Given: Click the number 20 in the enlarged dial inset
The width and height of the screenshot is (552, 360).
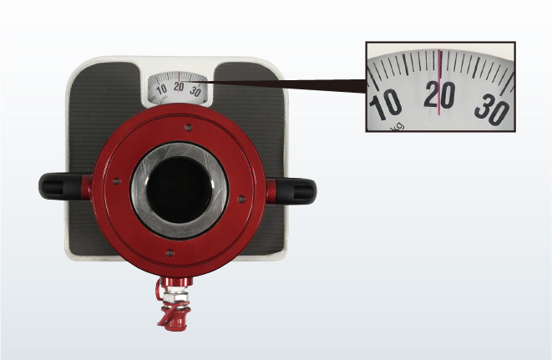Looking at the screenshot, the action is [x=439, y=94].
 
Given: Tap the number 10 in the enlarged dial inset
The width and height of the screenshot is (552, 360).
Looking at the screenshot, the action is [x=385, y=104].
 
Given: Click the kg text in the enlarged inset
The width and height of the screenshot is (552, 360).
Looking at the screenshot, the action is [x=398, y=127].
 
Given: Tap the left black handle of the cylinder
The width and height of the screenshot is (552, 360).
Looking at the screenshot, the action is [x=61, y=186].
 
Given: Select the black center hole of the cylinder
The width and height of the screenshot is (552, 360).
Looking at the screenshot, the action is [x=179, y=190].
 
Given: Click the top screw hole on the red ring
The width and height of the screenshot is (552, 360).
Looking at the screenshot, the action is [x=189, y=128].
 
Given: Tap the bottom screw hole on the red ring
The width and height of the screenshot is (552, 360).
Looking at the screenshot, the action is [x=170, y=253].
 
